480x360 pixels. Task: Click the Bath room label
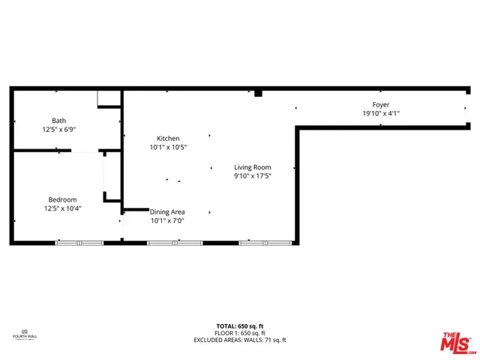58,121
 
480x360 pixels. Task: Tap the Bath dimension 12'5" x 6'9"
59,129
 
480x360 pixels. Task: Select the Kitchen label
168,139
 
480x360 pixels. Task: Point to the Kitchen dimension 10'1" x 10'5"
168,148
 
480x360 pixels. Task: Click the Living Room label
252,167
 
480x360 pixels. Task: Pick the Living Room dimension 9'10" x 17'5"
252,176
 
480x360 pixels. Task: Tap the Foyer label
381,105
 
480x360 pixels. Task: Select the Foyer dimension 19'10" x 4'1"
381,114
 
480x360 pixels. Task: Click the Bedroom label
62,199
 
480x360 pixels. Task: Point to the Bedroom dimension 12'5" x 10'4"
62,208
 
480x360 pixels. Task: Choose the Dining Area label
167,212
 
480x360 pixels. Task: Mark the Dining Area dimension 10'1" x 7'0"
167,220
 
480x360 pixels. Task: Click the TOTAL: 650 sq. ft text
240,325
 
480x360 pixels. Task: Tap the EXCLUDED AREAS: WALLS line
240,339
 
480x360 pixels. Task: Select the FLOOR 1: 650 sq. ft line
240,332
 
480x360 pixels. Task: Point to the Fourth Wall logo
25,334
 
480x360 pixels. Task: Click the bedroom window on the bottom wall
79,243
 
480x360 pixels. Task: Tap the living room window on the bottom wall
265,243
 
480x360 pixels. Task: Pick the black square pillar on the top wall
257,93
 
